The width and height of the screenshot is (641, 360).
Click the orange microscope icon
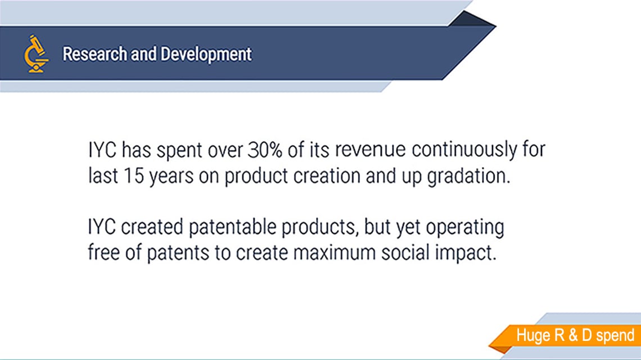pos(36,54)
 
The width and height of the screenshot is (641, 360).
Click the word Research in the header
pos(94,54)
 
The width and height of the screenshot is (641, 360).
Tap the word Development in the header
pos(206,55)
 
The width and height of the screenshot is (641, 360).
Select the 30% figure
pos(265,150)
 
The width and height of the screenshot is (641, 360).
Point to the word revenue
pos(371,150)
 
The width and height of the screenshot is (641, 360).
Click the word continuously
pos(464,151)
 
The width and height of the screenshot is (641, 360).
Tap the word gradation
pos(469,177)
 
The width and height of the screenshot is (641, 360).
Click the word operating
pos(465,228)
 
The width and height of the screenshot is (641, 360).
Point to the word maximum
pos(335,253)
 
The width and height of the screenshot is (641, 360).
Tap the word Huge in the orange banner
pos(533,335)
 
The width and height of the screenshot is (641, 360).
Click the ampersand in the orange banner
pos(573,335)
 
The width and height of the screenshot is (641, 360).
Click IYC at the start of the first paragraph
pos(102,150)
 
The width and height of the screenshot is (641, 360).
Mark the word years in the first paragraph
pos(171,177)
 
